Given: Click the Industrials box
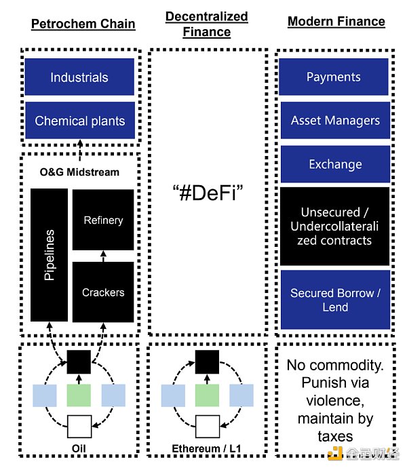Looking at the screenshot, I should (x=79, y=77).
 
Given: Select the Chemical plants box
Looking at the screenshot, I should (x=79, y=121).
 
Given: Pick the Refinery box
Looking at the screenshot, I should (x=103, y=220).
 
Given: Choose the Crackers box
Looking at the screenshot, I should (x=103, y=292).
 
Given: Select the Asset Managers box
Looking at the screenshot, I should (x=335, y=121).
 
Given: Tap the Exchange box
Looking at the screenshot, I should (x=335, y=164).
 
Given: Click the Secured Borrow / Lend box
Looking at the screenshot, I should (x=335, y=300).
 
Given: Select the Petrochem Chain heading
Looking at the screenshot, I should (x=83, y=24).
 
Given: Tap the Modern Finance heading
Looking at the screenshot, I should (x=336, y=22).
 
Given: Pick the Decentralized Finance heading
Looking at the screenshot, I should (x=207, y=23).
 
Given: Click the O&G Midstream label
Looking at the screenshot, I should (x=79, y=172).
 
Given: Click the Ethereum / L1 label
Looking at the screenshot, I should (x=206, y=448).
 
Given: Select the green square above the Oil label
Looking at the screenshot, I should (x=79, y=395).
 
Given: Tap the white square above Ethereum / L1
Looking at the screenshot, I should (x=206, y=427).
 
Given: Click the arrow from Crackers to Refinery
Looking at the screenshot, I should (x=103, y=256).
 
